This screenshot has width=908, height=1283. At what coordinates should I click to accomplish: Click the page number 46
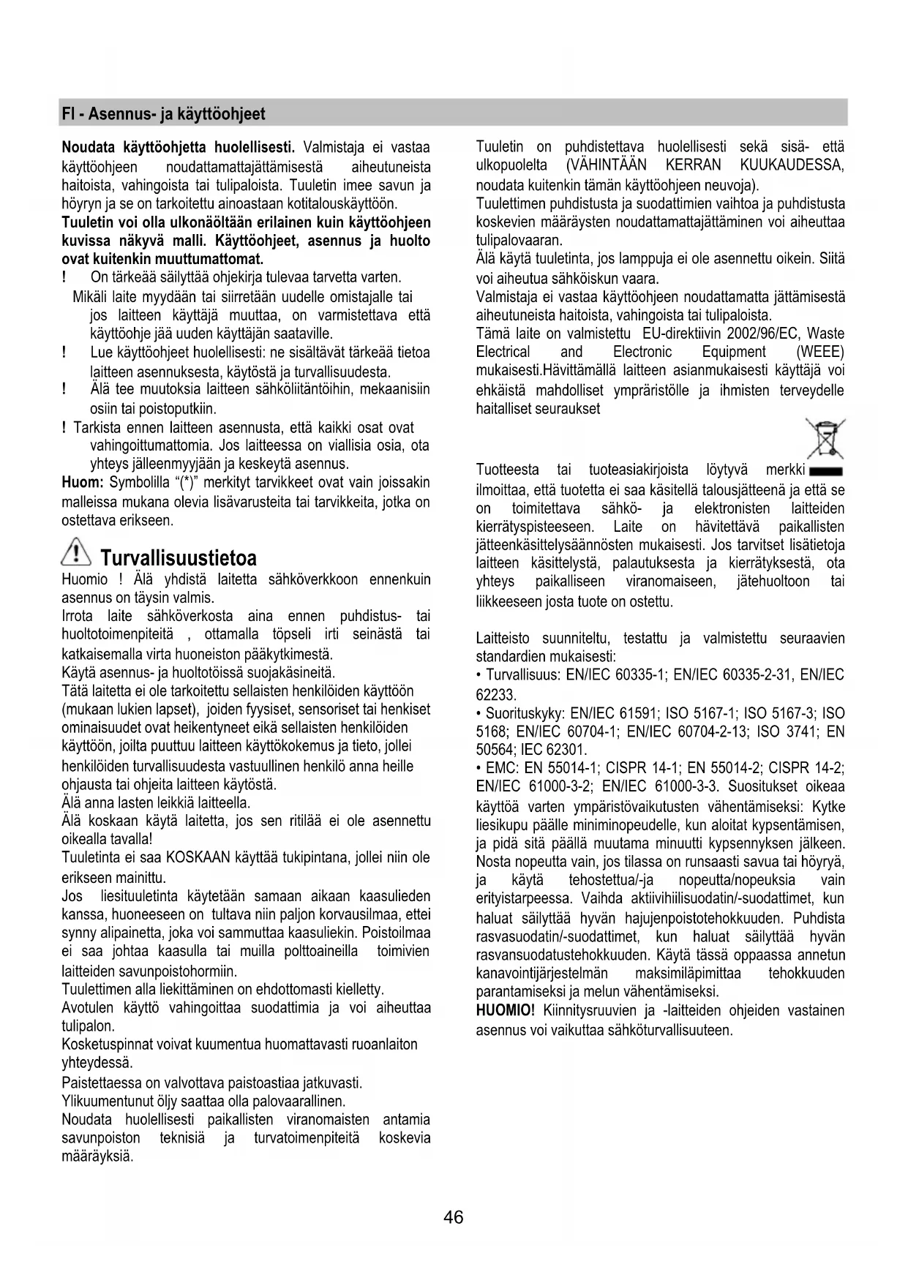453,1217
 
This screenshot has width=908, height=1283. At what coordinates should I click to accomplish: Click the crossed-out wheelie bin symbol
825,437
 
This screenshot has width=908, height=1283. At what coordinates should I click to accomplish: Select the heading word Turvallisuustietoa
179,559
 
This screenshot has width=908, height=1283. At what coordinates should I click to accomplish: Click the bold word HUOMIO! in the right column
506,1011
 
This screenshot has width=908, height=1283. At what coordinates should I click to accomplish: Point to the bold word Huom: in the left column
83,483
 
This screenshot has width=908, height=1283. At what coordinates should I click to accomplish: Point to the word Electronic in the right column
642,352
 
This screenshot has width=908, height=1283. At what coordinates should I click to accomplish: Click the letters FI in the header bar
68,114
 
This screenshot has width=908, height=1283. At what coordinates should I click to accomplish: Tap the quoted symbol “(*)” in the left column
194,483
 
